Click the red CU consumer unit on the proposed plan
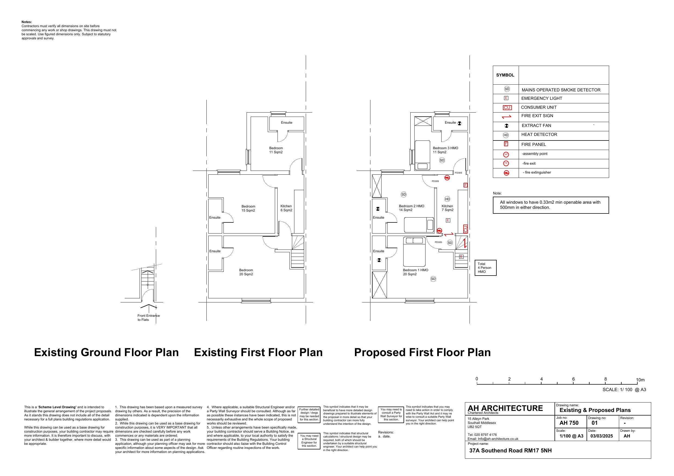465,229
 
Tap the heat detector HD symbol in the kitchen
447,199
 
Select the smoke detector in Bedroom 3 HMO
442,160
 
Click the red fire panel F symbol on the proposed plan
465,185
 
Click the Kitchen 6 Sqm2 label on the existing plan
286,208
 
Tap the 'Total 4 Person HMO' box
486,268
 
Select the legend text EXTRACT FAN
536,126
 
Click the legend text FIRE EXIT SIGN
537,116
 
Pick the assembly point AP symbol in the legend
506,154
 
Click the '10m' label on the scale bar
640,380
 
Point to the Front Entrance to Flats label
148,318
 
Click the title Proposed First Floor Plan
422,352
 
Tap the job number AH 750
569,423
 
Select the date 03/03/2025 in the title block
601,436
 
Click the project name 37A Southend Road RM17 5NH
510,451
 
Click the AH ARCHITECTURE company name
505,408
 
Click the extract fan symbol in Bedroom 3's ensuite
459,123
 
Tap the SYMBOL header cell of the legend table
505,75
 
